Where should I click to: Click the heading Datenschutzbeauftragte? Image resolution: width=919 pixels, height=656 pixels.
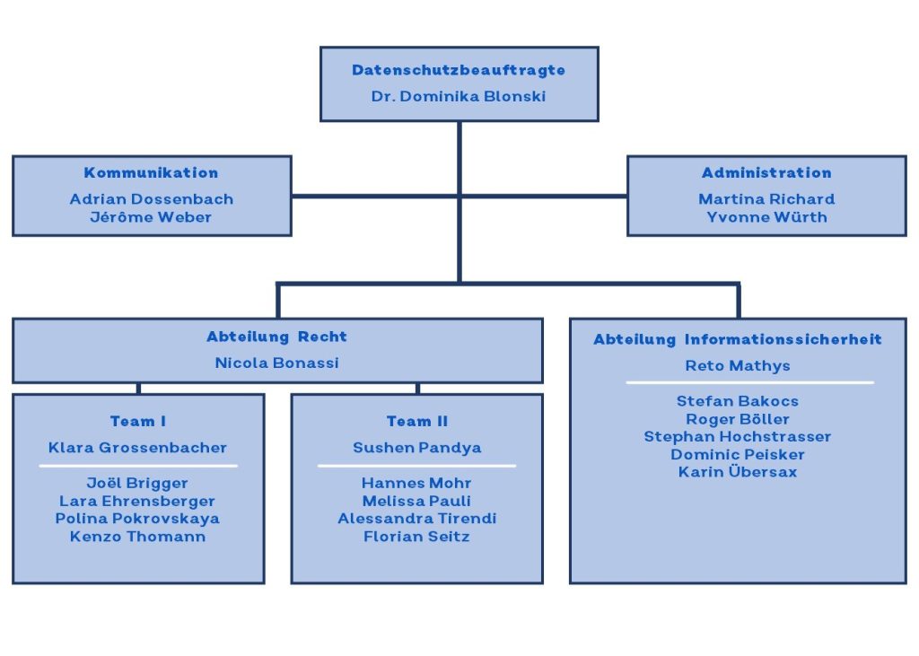[x=459, y=70]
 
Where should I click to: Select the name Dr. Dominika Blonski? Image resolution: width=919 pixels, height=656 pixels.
[x=459, y=96]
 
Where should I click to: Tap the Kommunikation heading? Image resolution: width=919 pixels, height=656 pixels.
[x=151, y=173]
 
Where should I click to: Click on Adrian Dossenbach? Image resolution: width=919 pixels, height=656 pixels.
[x=152, y=199]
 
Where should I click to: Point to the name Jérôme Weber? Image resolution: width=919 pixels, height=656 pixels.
[x=151, y=217]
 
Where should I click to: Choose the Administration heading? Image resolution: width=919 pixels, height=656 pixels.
[x=766, y=173]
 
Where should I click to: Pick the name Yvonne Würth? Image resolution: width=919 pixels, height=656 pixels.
[x=766, y=217]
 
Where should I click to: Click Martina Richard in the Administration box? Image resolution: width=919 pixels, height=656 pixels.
[x=766, y=199]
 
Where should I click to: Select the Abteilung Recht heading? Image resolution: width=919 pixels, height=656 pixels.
[x=276, y=337]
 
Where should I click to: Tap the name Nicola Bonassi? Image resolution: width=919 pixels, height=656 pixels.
[x=276, y=363]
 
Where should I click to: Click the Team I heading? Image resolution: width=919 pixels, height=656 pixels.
[x=138, y=422]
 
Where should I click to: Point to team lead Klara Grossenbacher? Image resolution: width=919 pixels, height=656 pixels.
[x=137, y=448]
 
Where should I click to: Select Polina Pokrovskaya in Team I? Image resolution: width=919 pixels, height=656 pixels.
[x=137, y=519]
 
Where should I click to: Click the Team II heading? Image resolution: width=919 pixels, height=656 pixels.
[x=417, y=422]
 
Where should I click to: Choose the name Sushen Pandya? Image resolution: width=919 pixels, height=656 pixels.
[x=417, y=448]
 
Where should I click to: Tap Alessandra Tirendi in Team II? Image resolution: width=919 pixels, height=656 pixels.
[x=417, y=519]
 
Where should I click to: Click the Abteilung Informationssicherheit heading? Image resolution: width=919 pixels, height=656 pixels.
[x=738, y=339]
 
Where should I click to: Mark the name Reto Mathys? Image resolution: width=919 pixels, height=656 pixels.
[x=738, y=366]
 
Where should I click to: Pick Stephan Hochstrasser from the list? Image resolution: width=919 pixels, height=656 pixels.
[x=738, y=437]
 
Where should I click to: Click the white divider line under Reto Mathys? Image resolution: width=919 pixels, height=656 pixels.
[x=750, y=383]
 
